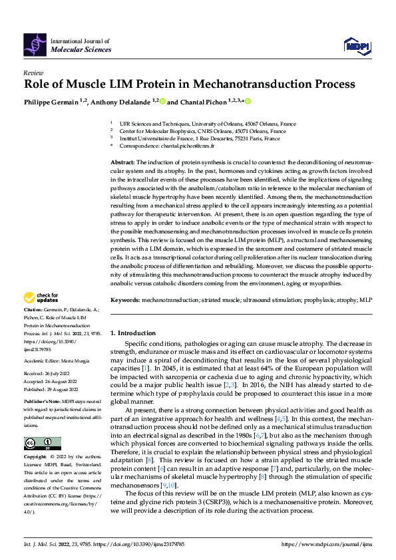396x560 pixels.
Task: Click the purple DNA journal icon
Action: point(35,45)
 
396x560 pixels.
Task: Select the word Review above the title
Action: point(33,72)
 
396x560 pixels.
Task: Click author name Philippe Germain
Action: point(49,102)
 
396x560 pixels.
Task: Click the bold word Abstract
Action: point(122,162)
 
